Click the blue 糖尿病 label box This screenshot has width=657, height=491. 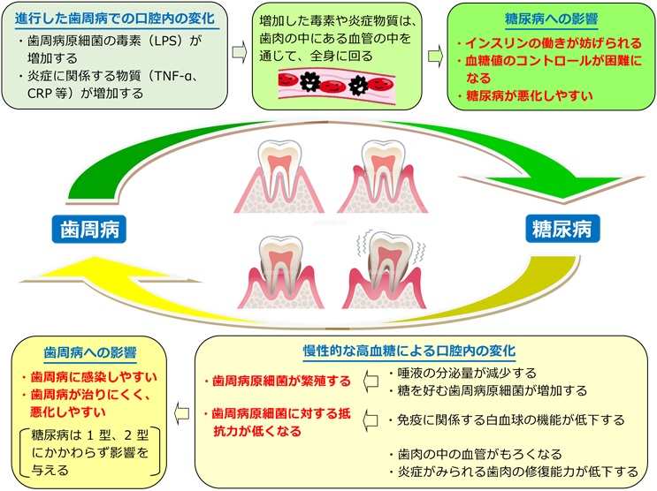(x=562, y=230)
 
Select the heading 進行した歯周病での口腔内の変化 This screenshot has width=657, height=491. (x=115, y=18)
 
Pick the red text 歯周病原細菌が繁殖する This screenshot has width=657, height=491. (x=277, y=381)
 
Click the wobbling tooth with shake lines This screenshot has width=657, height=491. (x=390, y=269)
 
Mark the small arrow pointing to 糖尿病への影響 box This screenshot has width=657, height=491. (x=434, y=54)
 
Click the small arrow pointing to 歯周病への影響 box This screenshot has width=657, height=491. (x=183, y=408)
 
